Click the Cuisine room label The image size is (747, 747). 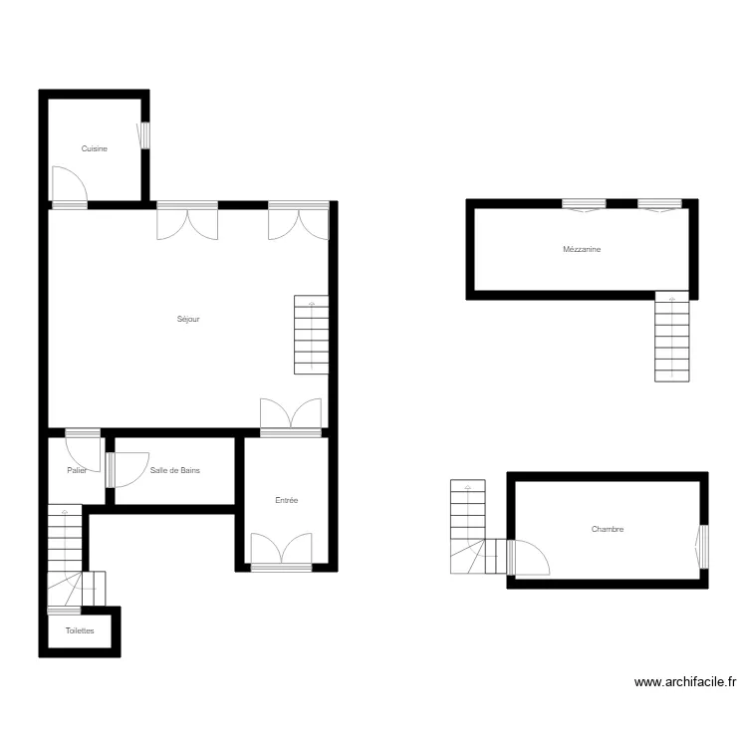[95, 148]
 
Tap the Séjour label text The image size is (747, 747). [189, 320]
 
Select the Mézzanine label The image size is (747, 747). [582, 250]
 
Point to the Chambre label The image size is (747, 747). [607, 530]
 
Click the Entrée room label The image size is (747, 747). [287, 500]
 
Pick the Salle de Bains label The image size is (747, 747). [175, 470]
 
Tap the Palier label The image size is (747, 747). [77, 470]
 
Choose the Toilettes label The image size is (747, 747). [80, 630]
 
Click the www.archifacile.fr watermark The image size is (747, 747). [685, 683]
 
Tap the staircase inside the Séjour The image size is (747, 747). [312, 335]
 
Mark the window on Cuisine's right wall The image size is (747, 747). [143, 135]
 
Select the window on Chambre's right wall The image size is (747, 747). [702, 547]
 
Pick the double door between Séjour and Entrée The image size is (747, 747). [290, 415]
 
